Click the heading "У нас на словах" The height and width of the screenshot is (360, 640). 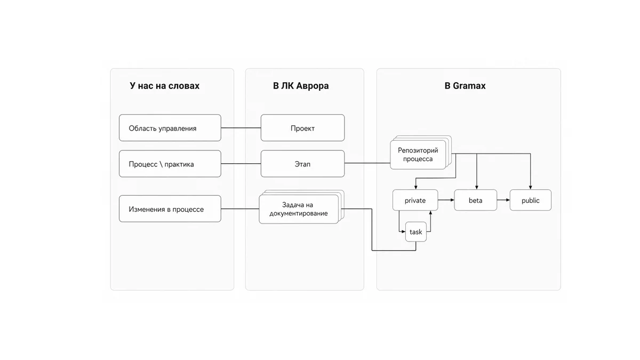[165, 86]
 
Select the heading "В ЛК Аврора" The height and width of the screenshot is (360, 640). [301, 86]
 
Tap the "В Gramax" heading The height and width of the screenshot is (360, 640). [465, 86]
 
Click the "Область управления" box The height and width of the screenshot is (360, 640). [170, 128]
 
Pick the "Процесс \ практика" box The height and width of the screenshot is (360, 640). [170, 164]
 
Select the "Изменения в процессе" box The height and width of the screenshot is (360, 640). [170, 209]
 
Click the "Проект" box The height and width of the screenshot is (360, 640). [302, 128]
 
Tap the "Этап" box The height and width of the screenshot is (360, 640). [302, 164]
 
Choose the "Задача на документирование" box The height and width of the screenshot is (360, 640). [299, 209]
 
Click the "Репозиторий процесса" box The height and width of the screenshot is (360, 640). [418, 155]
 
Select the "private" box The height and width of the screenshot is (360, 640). [415, 200]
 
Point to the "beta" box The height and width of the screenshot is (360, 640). [475, 200]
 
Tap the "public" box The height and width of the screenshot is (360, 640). [531, 200]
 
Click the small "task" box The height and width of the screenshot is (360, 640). [416, 231]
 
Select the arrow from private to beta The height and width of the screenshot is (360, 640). [446, 200]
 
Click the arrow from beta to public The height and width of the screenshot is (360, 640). [503, 200]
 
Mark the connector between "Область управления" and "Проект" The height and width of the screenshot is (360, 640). [241, 127]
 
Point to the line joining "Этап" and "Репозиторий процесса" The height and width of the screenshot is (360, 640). [367, 163]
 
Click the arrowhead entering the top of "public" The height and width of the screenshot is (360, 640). [531, 187]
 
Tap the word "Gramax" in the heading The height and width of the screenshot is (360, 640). [469, 86]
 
